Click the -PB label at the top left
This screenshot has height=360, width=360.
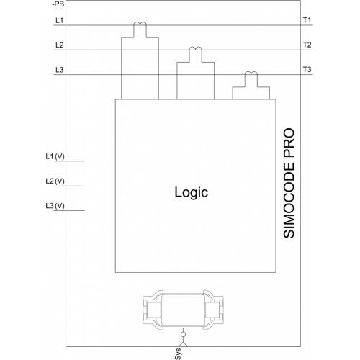pyautogui.click(x=58, y=4)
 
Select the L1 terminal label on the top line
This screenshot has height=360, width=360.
pyautogui.click(x=59, y=20)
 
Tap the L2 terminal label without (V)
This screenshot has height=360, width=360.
pyautogui.click(x=60, y=45)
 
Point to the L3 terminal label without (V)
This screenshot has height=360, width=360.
pyautogui.click(x=60, y=70)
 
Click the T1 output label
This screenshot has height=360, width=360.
pyautogui.click(x=307, y=20)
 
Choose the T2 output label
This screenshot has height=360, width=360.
pyautogui.click(x=307, y=45)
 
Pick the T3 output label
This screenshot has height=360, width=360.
pyautogui.click(x=307, y=70)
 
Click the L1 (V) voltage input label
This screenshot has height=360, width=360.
pyautogui.click(x=55, y=157)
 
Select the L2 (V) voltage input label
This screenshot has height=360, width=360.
pyautogui.click(x=55, y=181)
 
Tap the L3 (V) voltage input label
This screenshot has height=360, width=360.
pyautogui.click(x=55, y=206)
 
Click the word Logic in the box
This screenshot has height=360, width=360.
pyautogui.click(x=192, y=193)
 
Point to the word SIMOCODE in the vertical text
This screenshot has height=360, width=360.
pyautogui.click(x=289, y=200)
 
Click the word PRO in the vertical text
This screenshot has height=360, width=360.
pyautogui.click(x=289, y=143)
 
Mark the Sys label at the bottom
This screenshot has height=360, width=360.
pyautogui.click(x=178, y=354)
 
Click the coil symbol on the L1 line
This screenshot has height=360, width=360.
pyautogui.click(x=140, y=24)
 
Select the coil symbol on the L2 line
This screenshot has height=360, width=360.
pyautogui.click(x=196, y=48)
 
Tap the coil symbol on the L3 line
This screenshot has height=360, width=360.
pyautogui.click(x=251, y=73)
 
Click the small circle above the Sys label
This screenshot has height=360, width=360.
pyautogui.click(x=183, y=334)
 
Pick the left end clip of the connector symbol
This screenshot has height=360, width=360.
pyautogui.click(x=153, y=310)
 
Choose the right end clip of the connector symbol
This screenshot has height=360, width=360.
pyautogui.click(x=214, y=310)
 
